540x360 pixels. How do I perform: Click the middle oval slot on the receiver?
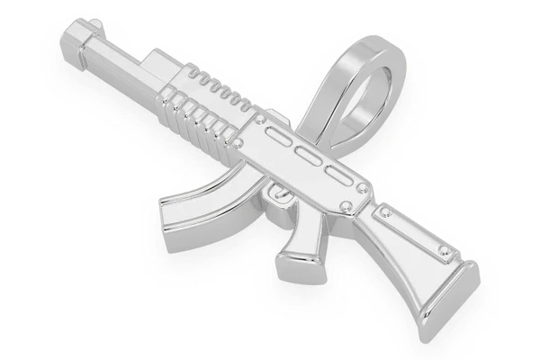click(309, 156)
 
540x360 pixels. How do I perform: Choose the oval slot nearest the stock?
click(338, 173)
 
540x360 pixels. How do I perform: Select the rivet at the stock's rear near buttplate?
click(443, 249)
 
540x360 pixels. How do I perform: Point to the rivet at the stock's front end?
click(385, 213)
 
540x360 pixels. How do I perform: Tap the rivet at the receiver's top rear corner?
click(362, 188)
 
